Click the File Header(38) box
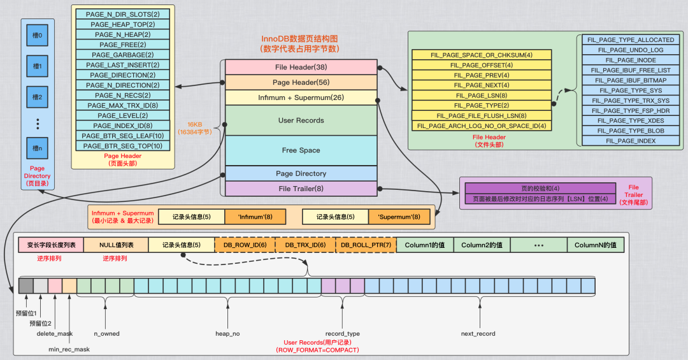301,67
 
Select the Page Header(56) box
301,82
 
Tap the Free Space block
301,150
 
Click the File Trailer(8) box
301,189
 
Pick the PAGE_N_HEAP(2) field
123,34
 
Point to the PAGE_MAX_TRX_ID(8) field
123,105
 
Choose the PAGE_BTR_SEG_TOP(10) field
123,146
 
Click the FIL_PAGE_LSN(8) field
482,95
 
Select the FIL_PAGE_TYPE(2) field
482,105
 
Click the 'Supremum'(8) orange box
399,217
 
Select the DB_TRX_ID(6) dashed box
305,245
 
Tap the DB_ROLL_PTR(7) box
366,245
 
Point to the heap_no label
227,333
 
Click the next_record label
478,333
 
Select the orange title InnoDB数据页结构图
299,40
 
